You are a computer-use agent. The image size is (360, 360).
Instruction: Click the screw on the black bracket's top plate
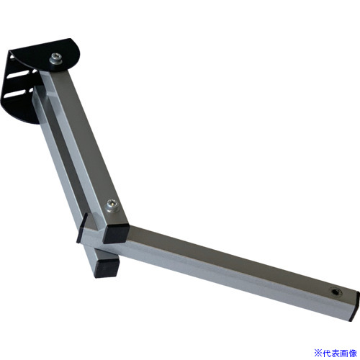tap(56, 59)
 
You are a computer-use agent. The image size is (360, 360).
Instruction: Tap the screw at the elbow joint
tap(112, 206)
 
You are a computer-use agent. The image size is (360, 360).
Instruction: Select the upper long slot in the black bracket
tap(17, 74)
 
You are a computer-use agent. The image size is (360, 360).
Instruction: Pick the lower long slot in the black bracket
tap(16, 94)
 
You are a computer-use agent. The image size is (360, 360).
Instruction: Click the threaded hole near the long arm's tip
tap(334, 292)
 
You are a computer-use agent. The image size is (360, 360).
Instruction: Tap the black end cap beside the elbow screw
tap(116, 233)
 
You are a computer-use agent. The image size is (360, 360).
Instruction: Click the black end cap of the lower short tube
tap(107, 269)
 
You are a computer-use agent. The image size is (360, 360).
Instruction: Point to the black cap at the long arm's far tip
tap(355, 306)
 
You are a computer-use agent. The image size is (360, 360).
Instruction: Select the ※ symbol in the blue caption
tap(318, 353)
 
